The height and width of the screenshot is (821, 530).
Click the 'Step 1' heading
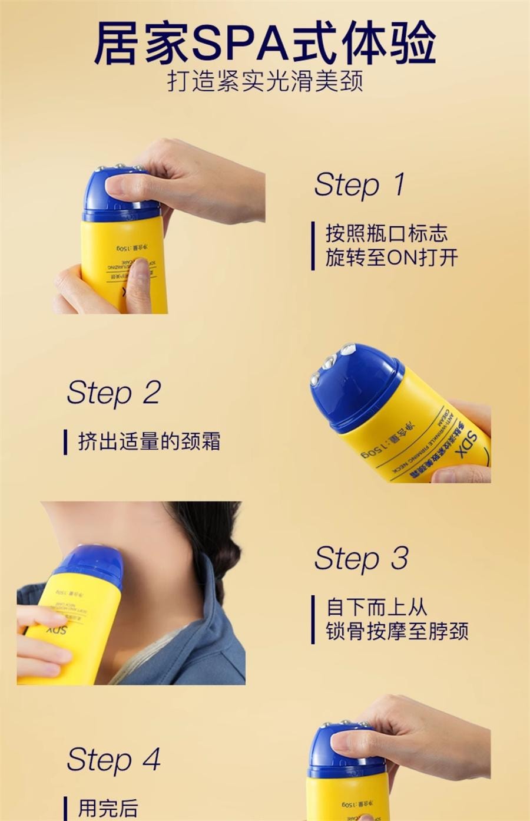[x=359, y=184]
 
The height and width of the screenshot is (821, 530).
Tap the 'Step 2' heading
[x=114, y=393]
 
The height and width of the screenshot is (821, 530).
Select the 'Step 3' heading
[x=360, y=558]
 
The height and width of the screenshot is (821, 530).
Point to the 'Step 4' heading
[x=114, y=759]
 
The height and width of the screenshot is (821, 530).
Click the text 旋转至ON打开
[x=392, y=258]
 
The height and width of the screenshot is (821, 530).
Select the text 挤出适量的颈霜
[x=149, y=441]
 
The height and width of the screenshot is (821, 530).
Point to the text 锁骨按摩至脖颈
[x=397, y=631]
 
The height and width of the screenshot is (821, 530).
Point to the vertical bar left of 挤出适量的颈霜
[x=65, y=442]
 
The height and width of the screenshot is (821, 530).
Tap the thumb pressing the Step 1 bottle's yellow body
[x=138, y=283]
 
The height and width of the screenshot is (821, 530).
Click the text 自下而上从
[x=377, y=607]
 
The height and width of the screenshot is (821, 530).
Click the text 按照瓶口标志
[x=386, y=233]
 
